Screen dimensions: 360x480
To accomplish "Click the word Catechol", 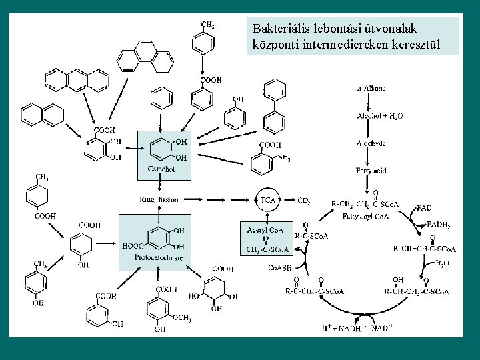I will coord(161,169).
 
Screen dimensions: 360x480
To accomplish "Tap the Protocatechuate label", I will coord(158,257).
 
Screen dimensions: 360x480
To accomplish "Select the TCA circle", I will coord(268,199).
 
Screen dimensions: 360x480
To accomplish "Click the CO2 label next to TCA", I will coord(304,200).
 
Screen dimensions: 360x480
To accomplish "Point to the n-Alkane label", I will coord(372,88).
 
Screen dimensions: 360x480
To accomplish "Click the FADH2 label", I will coord(438,226).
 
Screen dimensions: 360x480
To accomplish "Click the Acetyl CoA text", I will coord(265,230).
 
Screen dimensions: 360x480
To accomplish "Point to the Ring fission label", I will coord(156,199).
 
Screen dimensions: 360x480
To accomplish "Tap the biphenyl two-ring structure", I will coord(274,107).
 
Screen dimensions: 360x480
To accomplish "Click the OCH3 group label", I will coord(182,318).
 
